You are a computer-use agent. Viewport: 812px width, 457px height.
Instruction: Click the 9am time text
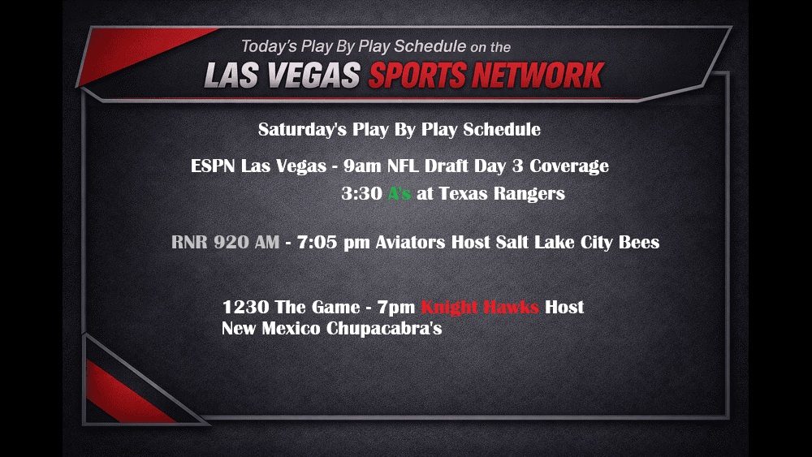(360, 166)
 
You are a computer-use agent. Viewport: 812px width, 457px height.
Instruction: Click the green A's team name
(400, 194)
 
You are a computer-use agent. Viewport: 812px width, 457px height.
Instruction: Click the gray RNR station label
(190, 242)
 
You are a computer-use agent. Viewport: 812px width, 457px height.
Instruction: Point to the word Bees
(639, 242)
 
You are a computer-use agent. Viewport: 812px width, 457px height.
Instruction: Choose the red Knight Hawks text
(480, 308)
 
